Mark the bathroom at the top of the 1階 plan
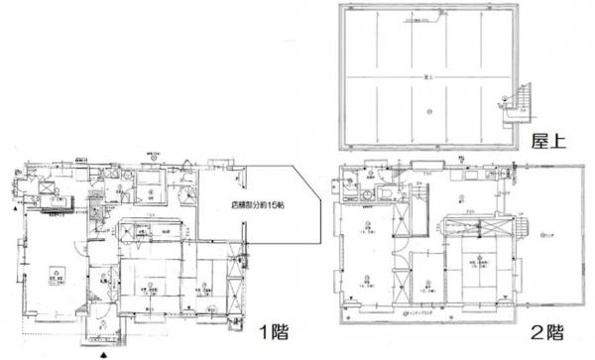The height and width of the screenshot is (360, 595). (152, 183)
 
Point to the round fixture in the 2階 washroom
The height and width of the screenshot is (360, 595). (368, 181)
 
